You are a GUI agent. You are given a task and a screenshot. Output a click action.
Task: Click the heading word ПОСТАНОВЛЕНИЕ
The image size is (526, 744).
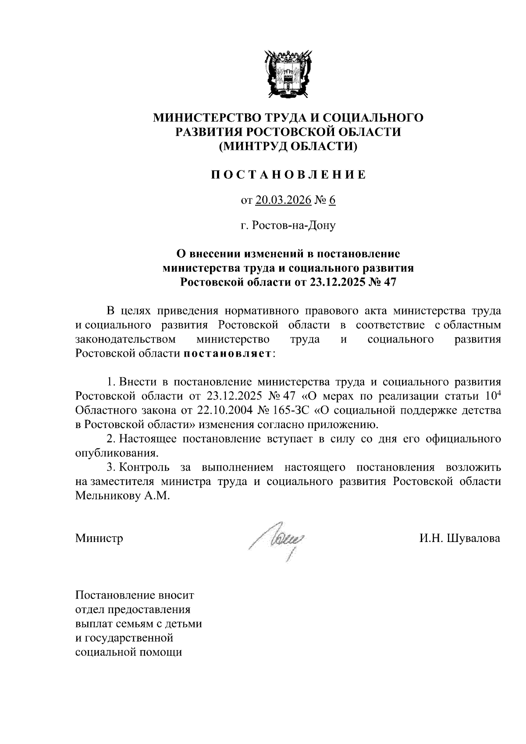[x=288, y=175]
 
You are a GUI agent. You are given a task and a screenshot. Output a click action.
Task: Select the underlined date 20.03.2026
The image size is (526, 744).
[x=283, y=200]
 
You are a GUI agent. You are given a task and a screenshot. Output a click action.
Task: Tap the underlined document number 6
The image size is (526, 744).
[x=332, y=200]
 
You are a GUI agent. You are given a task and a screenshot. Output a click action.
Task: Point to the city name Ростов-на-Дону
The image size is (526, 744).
[x=288, y=226]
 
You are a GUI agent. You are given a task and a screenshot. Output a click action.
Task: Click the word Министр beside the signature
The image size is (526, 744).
[x=99, y=538]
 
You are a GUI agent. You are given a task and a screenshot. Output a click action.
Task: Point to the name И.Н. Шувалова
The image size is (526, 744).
[x=459, y=538]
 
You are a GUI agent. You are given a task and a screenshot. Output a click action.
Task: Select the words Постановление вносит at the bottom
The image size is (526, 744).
[x=135, y=596]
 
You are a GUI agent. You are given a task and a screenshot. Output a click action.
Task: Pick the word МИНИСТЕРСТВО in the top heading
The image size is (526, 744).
[x=205, y=117]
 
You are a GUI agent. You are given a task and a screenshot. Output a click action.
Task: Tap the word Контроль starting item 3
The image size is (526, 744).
[x=143, y=467]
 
